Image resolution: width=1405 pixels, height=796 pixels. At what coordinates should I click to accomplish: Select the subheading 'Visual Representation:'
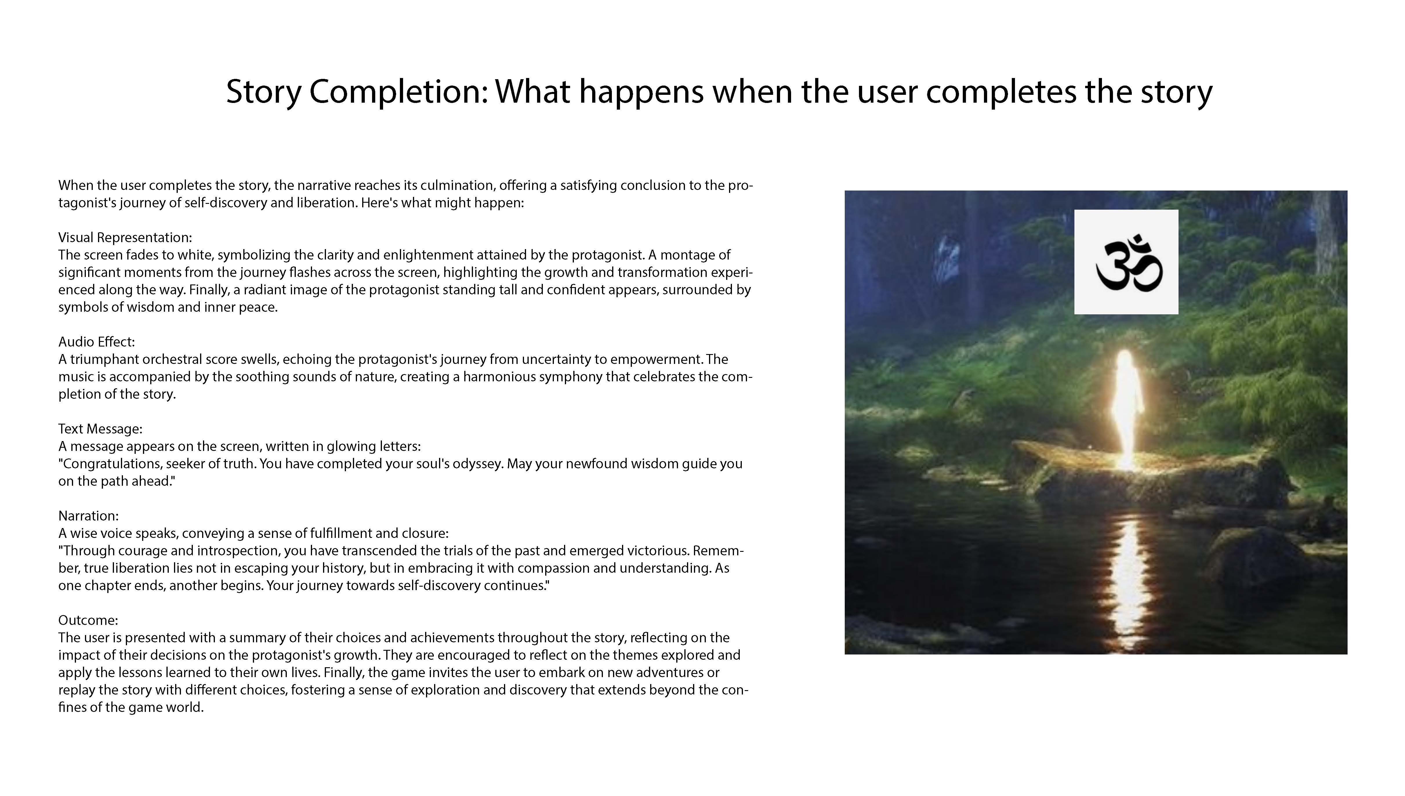tap(125, 237)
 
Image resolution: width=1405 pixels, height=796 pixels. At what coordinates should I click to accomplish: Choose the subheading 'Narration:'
tap(88, 516)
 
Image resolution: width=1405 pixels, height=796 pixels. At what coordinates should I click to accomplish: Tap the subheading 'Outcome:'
tap(88, 620)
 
